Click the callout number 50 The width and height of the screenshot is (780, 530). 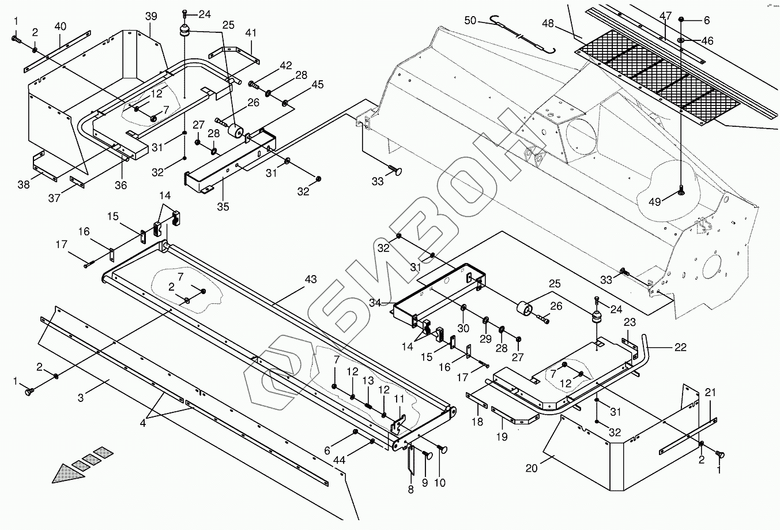pyautogui.click(x=470, y=21)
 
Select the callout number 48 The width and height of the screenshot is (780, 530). pyautogui.click(x=548, y=24)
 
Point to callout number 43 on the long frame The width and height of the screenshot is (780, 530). pyautogui.click(x=311, y=280)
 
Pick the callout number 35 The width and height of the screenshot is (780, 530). pyautogui.click(x=223, y=206)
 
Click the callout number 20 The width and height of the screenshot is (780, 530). pyautogui.click(x=531, y=468)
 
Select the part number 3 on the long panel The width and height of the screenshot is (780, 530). pyautogui.click(x=81, y=397)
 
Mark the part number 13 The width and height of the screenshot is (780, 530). pyautogui.click(x=368, y=382)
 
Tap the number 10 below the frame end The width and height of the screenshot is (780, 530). pyautogui.click(x=440, y=483)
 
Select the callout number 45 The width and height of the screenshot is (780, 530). pyautogui.click(x=318, y=85)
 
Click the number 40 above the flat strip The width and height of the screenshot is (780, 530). pyautogui.click(x=61, y=27)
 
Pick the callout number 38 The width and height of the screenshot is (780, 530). pyautogui.click(x=24, y=185)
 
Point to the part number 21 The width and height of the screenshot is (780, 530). pyautogui.click(x=710, y=393)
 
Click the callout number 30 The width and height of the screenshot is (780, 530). pyautogui.click(x=463, y=328)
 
